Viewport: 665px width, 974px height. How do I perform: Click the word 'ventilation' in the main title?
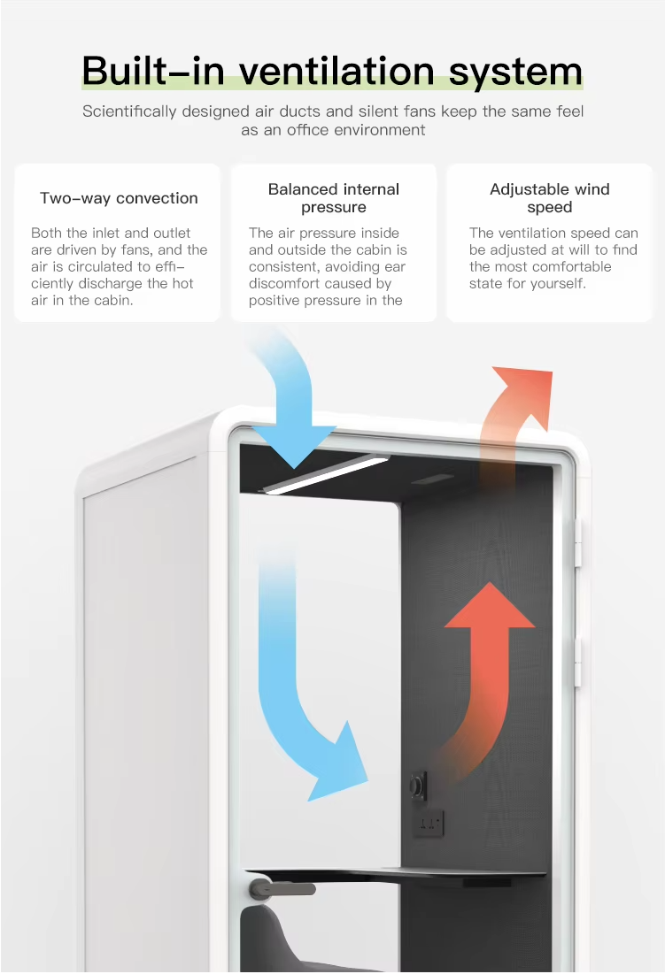click(340, 70)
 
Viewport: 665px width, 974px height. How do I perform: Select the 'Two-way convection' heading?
click(119, 198)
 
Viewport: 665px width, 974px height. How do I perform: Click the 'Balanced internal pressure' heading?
click(334, 198)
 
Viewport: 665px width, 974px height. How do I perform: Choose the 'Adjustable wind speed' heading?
click(549, 198)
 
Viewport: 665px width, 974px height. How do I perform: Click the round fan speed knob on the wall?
click(416, 784)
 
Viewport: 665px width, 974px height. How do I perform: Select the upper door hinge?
click(579, 542)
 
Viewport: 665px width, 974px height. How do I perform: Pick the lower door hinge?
click(579, 663)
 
